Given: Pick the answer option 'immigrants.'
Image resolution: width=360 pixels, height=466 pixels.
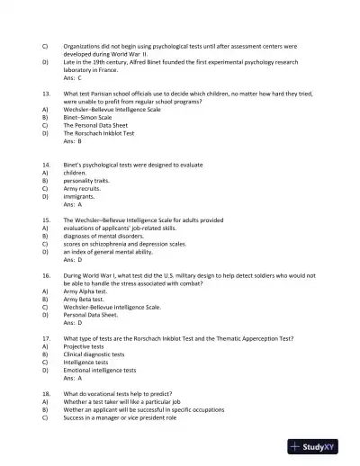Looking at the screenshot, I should click(79, 196).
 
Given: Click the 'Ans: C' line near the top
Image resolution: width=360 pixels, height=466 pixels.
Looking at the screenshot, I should click(73, 78).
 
